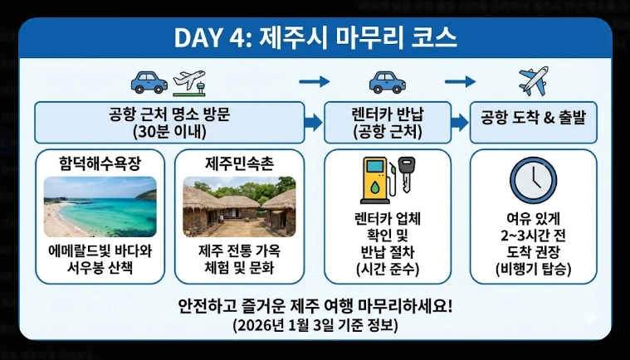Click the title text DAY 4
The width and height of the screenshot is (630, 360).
(x=213, y=38)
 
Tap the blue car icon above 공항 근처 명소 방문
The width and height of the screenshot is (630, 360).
(x=149, y=81)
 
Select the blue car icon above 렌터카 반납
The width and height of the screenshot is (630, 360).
(x=387, y=81)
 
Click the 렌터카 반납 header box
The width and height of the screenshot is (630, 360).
(x=388, y=123)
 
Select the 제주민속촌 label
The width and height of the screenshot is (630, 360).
(x=238, y=163)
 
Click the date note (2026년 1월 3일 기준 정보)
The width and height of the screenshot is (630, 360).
(x=315, y=325)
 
